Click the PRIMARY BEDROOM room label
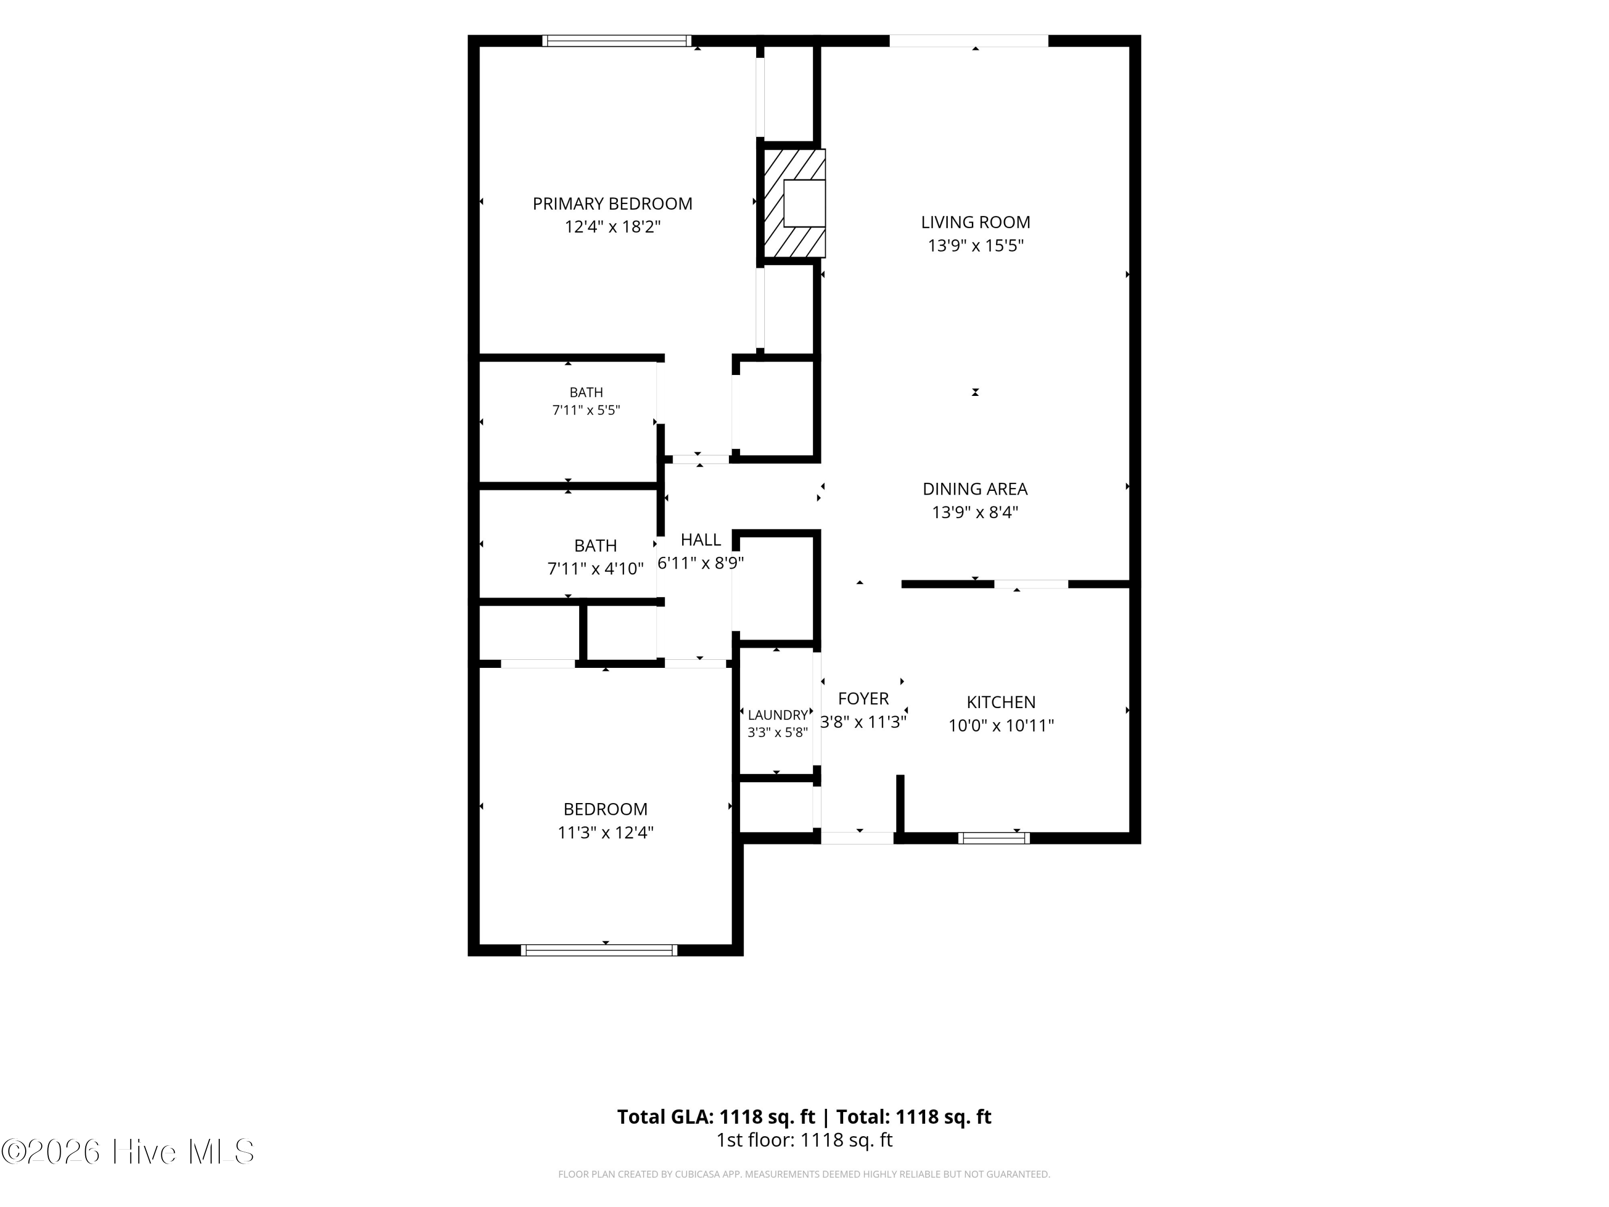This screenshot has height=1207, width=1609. click(612, 204)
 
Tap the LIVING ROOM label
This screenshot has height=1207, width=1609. click(976, 222)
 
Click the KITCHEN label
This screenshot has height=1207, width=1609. click(1001, 702)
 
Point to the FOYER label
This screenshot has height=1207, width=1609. click(863, 698)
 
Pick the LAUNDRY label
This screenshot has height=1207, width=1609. click(778, 715)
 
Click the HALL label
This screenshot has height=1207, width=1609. click(701, 540)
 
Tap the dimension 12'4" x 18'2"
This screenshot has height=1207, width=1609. click(612, 227)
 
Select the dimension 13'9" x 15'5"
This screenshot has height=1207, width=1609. click(976, 245)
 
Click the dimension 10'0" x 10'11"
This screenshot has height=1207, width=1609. click(1001, 725)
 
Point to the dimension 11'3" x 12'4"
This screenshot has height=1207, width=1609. click(605, 833)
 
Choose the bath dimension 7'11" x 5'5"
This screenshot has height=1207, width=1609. click(586, 410)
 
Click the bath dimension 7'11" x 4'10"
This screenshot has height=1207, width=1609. click(596, 568)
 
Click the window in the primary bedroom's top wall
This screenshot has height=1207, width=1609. click(617, 41)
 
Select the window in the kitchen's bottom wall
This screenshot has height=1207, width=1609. click(994, 838)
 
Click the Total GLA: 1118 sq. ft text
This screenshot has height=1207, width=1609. click(717, 1117)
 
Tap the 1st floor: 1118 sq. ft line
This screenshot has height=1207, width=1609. click(804, 1140)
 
